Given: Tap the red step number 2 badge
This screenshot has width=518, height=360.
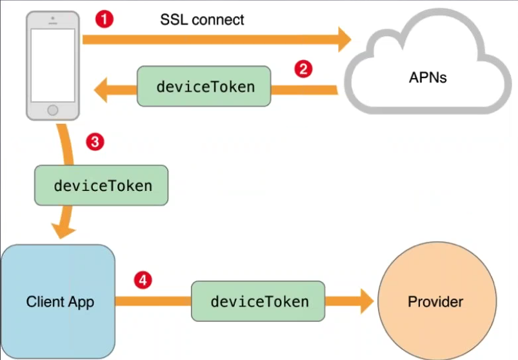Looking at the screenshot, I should [x=303, y=69].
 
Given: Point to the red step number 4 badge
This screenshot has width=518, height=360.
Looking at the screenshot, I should [x=143, y=280].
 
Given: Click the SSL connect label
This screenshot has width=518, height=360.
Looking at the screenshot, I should [x=202, y=20].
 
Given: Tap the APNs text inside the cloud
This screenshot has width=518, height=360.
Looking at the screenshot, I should [x=428, y=78].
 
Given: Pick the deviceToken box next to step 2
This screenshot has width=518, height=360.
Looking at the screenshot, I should [x=203, y=86].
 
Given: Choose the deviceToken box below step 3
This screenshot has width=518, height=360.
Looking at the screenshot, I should [x=101, y=186].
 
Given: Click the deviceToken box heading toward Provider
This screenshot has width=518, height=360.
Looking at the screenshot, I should [x=258, y=301].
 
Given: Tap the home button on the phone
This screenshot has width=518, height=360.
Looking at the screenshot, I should [x=53, y=110].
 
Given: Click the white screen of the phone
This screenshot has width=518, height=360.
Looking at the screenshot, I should [x=53, y=63].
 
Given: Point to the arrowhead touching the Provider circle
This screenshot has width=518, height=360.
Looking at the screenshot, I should [x=363, y=301].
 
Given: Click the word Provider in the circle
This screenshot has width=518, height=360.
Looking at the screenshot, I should [x=435, y=301].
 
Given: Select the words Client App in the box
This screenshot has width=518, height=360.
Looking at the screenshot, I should [x=60, y=301].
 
